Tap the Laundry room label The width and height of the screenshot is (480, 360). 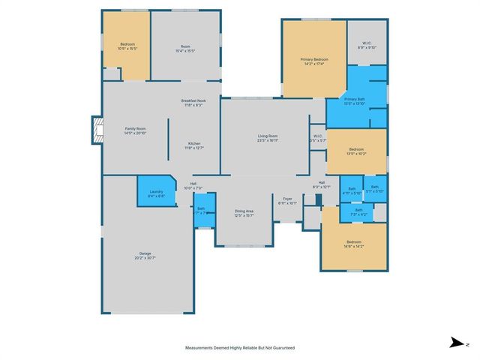coord(156,193)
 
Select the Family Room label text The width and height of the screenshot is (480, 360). coord(135,130)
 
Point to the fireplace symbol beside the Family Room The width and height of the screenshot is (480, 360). coord(96,130)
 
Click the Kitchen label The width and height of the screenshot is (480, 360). coord(194,145)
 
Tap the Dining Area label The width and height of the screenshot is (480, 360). coord(244,213)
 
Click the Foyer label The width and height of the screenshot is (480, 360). coord(288,201)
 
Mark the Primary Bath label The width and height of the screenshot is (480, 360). coord(355,101)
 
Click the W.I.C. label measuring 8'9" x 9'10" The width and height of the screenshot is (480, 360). coord(367,44)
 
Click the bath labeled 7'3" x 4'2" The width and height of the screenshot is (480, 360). coord(358,212)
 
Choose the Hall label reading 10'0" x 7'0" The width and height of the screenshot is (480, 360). coord(193,185)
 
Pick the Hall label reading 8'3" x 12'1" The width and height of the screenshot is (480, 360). coord(321,184)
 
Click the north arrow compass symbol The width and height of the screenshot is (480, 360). coord(455,343)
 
